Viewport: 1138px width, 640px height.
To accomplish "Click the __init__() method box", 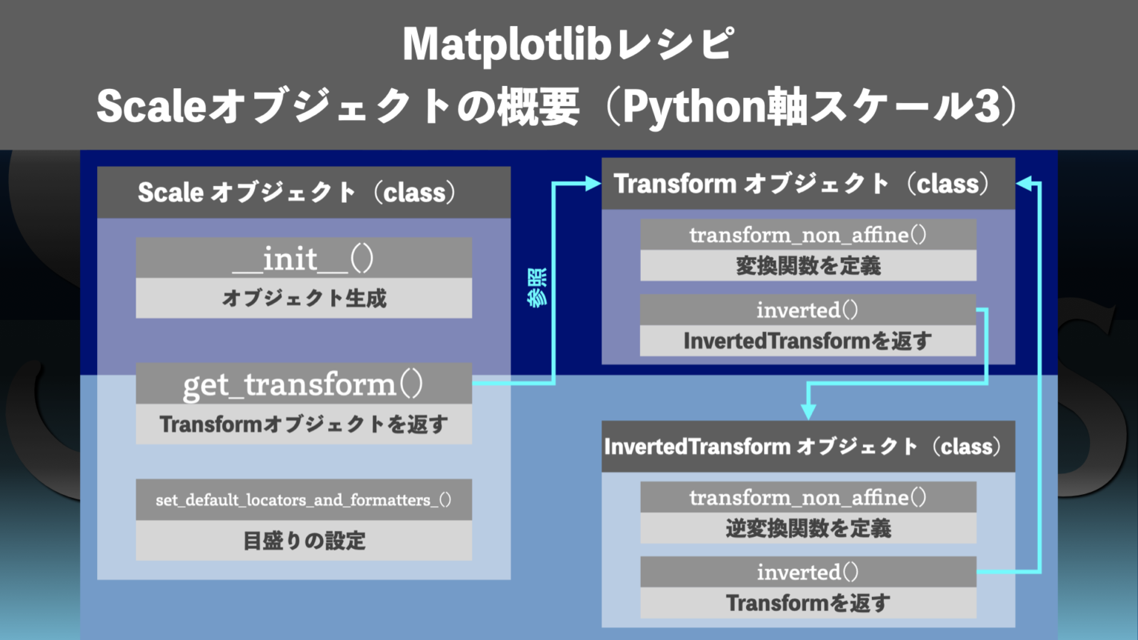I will tap(304, 259).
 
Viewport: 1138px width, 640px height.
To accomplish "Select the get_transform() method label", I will tap(304, 384).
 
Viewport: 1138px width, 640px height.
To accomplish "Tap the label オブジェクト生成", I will tap(304, 299).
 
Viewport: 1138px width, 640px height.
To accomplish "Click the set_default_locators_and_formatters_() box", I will tap(304, 500).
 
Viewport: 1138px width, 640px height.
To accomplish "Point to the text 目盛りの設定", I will tap(304, 541).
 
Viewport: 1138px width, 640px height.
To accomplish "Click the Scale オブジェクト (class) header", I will tap(296, 193).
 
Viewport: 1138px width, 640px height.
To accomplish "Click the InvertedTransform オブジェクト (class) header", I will tap(803, 447).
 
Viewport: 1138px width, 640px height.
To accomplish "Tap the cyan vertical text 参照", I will tap(538, 287).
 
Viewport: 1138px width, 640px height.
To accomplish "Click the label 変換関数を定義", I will tap(808, 266).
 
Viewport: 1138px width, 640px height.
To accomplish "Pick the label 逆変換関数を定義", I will tap(808, 528).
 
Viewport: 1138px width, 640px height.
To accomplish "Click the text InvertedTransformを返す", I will tap(808, 341).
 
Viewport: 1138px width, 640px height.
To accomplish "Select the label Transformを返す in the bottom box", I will tap(808, 603).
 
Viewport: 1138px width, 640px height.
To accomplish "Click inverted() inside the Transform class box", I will tap(808, 310).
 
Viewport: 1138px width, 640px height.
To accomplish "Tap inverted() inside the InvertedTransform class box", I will tap(808, 572).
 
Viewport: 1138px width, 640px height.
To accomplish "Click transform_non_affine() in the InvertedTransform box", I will tap(808, 497).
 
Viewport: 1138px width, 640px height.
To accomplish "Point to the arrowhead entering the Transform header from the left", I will tap(593, 184).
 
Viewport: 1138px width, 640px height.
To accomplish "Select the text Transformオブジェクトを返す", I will tap(304, 424).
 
